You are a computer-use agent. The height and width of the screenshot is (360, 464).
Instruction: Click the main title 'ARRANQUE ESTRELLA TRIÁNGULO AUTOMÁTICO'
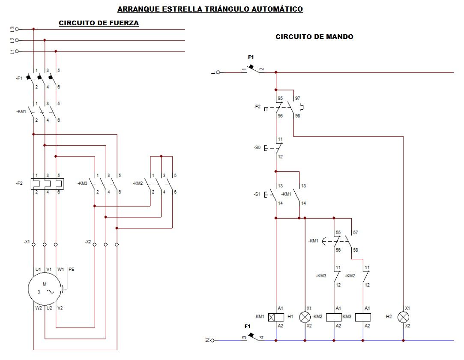[210, 9]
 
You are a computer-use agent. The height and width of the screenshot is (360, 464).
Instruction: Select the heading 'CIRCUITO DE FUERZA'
[99, 23]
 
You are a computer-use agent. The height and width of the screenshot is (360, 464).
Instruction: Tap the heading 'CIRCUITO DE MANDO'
[314, 37]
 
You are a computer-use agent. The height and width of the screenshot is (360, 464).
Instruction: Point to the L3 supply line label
[12, 29]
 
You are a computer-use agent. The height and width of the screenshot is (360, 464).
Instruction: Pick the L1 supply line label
[12, 51]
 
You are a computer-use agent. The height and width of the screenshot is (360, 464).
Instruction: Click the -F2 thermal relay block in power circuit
[48, 184]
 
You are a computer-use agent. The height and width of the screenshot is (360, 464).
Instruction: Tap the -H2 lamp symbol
[403, 318]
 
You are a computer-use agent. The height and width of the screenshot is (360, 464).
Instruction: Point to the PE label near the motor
[71, 270]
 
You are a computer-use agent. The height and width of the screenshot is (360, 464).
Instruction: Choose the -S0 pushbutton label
[257, 147]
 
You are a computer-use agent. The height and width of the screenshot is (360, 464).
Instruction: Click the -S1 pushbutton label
[257, 194]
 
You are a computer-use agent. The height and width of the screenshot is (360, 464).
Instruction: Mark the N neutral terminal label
[207, 340]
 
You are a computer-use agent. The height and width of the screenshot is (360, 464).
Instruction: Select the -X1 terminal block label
[27, 242]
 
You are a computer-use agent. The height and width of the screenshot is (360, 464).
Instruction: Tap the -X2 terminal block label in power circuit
[88, 242]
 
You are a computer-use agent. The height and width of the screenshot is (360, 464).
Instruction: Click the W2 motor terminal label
[39, 308]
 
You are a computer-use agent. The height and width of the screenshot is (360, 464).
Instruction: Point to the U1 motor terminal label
[38, 270]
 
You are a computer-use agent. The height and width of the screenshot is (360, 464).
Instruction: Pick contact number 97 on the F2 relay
[297, 98]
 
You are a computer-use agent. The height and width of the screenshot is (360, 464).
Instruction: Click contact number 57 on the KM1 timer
[356, 233]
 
